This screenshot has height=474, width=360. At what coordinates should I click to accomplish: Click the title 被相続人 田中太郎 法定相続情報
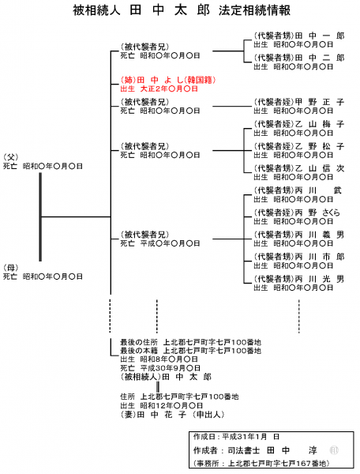(x=180, y=12)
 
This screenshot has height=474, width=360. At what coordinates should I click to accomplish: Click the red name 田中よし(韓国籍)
(x=168, y=80)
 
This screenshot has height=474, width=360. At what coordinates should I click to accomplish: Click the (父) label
(x=10, y=157)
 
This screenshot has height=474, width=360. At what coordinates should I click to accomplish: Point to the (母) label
(x=10, y=268)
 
